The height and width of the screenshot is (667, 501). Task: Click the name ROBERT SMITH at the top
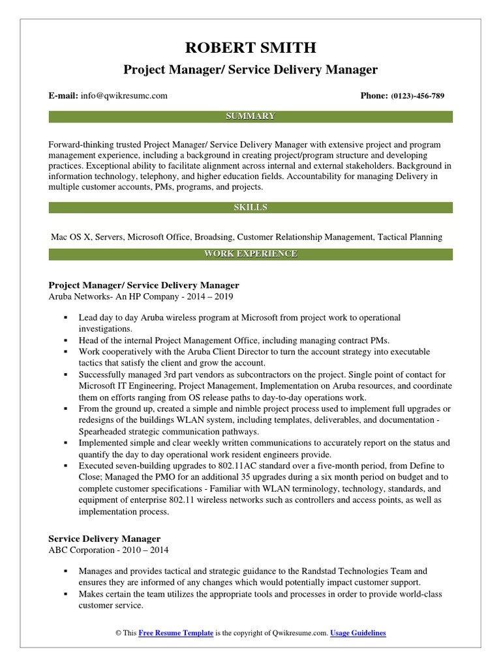coord(250,47)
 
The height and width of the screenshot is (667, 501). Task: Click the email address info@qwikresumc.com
coord(124,96)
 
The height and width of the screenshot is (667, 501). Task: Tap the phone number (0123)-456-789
coord(417,96)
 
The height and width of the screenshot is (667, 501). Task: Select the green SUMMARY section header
coord(250,117)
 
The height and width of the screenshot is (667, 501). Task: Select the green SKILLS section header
coord(250,208)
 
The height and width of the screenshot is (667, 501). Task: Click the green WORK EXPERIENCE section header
coord(250,253)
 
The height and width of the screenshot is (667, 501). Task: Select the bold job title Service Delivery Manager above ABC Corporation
coord(104,539)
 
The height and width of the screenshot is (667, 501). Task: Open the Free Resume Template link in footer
coord(175,632)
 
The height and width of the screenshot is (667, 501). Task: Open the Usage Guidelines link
coord(358,632)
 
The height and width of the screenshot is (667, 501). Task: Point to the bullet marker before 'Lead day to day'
coord(67,318)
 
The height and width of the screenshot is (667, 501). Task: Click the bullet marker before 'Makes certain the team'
coord(67,594)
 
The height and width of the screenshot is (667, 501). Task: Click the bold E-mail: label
coord(64,96)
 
